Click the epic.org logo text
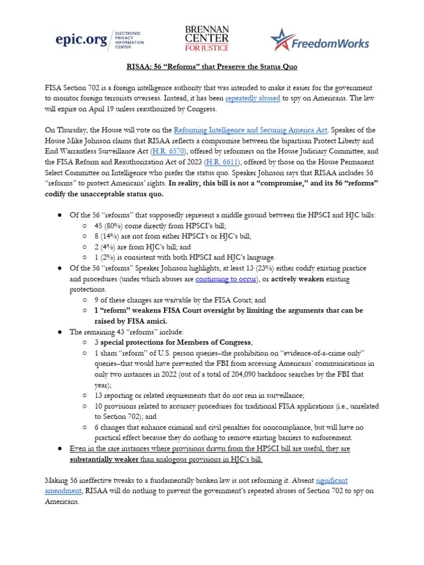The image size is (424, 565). pos(82,39)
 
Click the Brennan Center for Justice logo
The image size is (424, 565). pos(207,39)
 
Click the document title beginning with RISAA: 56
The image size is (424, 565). pos(211,67)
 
